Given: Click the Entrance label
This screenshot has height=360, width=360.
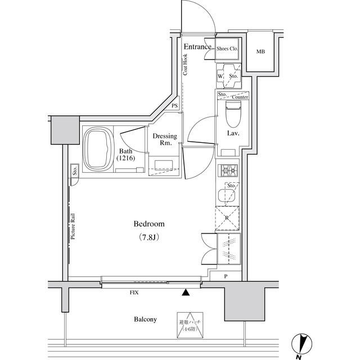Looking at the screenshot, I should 197,47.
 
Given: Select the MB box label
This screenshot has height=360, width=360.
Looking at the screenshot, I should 260,52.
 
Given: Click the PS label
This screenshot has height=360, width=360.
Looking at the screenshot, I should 175,106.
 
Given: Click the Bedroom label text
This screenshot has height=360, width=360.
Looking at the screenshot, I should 148,224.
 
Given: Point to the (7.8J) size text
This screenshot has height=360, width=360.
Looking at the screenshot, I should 148,237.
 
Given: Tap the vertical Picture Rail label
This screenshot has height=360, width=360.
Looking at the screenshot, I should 73,226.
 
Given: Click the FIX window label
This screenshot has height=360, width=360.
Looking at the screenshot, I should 134,292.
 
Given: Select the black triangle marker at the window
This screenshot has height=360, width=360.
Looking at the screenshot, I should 185,292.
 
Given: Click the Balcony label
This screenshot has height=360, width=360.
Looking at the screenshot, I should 145,319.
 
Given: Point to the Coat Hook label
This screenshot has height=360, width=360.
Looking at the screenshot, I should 186,64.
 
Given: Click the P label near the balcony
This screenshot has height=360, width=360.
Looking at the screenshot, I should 226,276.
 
